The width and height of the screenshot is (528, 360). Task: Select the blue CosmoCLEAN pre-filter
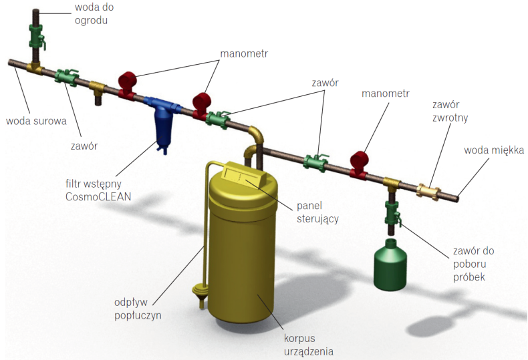pos(162,121)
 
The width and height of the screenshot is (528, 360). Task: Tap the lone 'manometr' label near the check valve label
pos(385,94)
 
